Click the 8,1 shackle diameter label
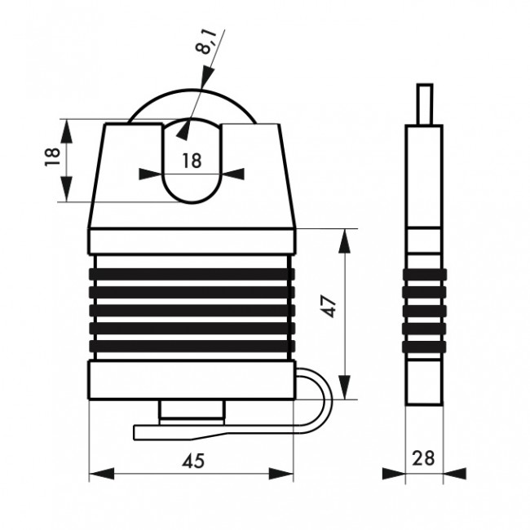pos(205,42)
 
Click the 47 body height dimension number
pos(329,307)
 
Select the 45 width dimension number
pos(193,461)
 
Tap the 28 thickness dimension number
pos(423,459)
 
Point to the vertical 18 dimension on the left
pos(52,157)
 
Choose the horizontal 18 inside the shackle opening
pos(192,161)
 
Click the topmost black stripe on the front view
pos(192,274)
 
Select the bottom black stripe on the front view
pos(192,346)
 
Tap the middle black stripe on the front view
pos(192,311)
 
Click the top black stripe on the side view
pos(425,275)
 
